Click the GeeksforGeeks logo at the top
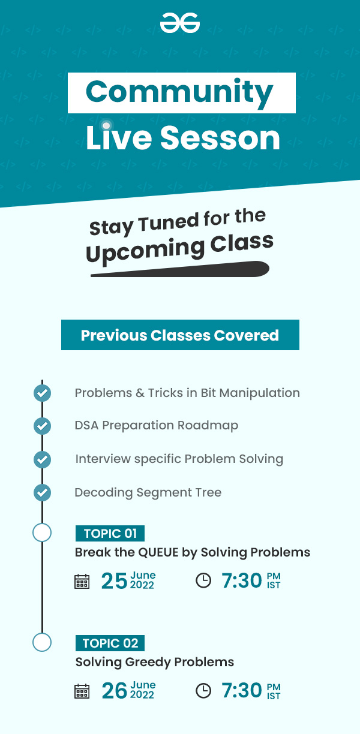click(179, 23)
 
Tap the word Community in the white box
click(179, 93)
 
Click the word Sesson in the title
click(220, 139)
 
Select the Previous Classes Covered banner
click(180, 335)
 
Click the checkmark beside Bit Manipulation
click(42, 393)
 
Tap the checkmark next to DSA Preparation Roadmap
click(42, 426)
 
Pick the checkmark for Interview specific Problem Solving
click(42, 459)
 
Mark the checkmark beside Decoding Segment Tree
click(42, 492)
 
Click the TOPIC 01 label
click(110, 534)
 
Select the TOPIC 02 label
click(110, 643)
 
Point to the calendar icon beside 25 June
click(82, 581)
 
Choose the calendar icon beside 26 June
click(82, 691)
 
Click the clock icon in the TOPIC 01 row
click(203, 580)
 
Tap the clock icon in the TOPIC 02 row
click(203, 691)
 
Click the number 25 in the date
click(114, 581)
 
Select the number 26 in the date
click(115, 691)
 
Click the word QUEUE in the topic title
click(158, 552)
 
